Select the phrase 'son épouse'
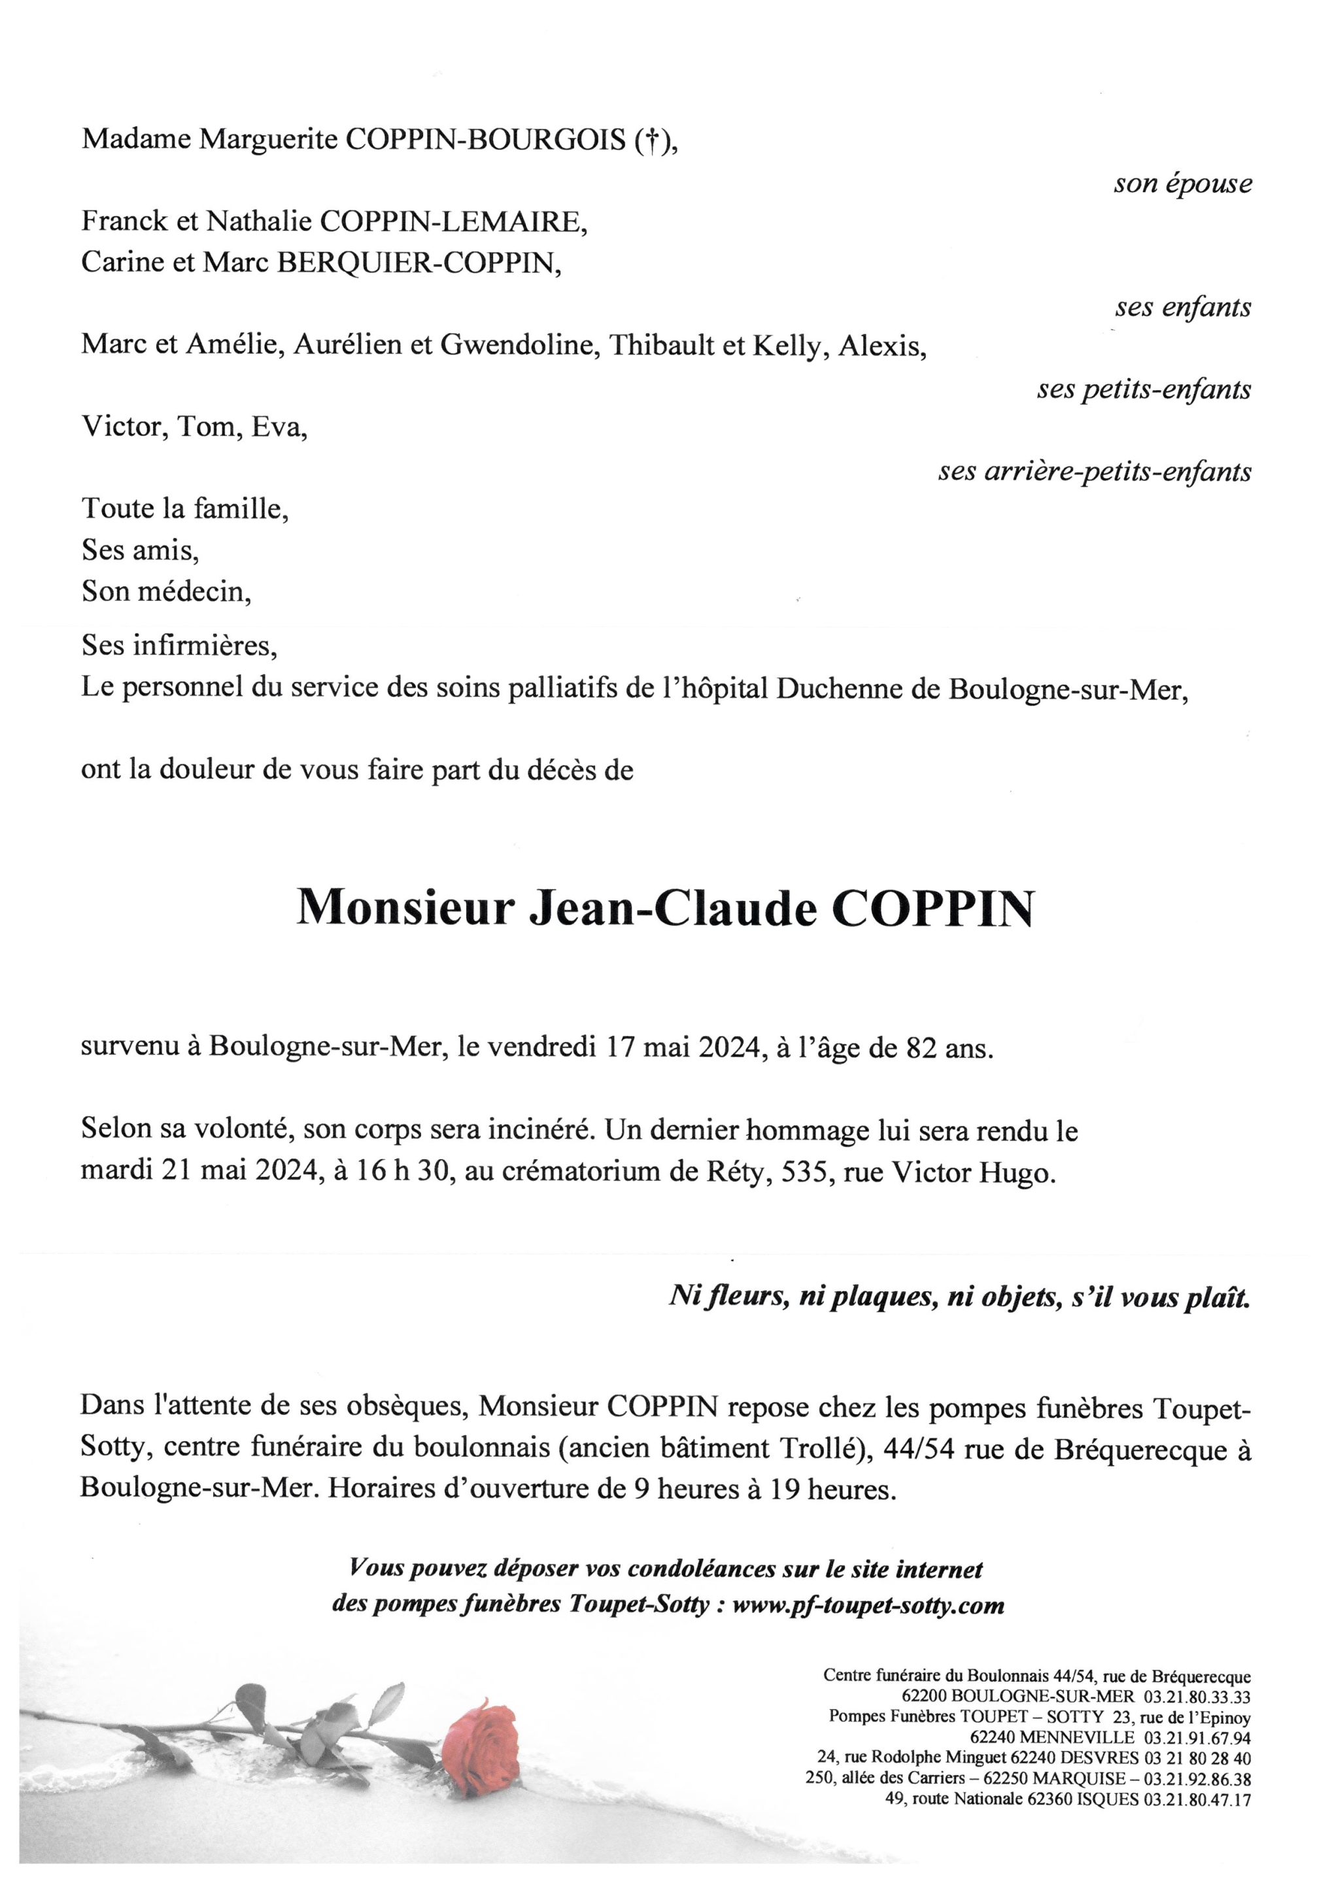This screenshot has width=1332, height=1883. pos(1182,184)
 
